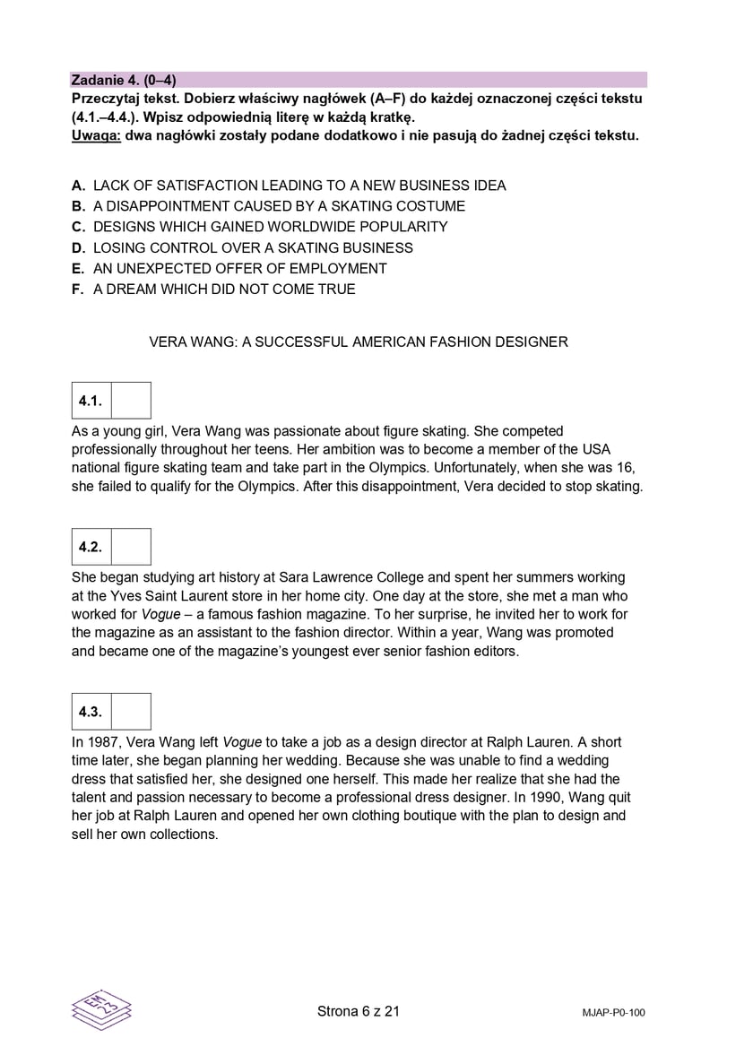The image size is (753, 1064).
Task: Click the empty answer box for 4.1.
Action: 131,401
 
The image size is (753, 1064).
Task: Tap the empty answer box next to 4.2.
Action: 131,547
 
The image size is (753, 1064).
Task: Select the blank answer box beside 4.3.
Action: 131,712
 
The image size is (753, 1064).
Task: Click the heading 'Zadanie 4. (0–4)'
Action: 124,80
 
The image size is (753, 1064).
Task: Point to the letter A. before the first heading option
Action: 79,186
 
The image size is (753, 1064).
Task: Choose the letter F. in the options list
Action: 79,289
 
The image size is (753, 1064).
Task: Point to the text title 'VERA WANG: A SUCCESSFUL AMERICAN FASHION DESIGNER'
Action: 359,342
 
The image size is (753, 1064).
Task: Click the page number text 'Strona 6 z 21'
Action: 359,1011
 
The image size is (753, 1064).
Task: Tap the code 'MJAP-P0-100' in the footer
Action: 613,1013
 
